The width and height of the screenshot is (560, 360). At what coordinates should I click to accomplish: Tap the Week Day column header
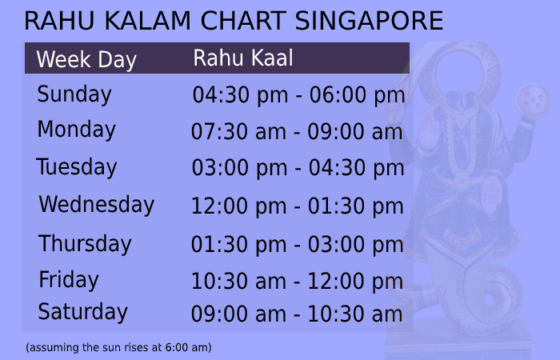click(86, 60)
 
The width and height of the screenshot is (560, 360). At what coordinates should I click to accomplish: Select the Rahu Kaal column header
click(243, 58)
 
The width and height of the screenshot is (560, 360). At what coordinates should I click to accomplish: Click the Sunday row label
click(74, 94)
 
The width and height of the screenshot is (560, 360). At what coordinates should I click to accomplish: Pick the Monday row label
click(77, 130)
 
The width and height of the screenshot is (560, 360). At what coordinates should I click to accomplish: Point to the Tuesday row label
click(77, 168)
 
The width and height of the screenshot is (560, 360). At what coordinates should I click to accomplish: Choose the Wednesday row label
click(96, 205)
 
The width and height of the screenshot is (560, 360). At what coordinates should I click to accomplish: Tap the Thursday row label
click(85, 243)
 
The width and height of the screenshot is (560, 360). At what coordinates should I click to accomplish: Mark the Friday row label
click(69, 280)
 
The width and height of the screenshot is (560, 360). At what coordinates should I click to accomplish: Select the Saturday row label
click(83, 312)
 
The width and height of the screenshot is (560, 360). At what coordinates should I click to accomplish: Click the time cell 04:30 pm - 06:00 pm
click(298, 96)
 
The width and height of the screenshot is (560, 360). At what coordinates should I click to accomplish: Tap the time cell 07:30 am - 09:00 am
click(297, 132)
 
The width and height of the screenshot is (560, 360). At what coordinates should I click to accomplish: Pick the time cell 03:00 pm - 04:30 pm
click(298, 169)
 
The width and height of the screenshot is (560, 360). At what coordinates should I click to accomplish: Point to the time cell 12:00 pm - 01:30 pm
click(297, 206)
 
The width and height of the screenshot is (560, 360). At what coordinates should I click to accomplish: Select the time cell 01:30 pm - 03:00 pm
click(297, 245)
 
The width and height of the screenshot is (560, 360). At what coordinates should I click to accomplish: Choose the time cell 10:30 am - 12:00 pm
click(297, 282)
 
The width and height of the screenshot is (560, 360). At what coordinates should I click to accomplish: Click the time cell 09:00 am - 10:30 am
click(297, 314)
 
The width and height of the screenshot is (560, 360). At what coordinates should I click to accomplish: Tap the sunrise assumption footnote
click(118, 348)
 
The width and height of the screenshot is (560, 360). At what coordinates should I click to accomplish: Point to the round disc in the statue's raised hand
click(533, 100)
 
